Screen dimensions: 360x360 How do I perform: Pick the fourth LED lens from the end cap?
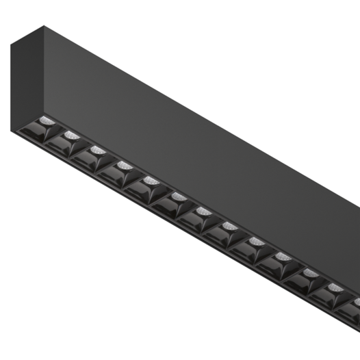[x=124, y=165]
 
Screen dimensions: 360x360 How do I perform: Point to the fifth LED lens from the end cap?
[x=151, y=181]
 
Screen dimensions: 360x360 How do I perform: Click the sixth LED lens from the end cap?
[x=177, y=197]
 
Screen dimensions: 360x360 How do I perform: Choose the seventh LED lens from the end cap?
[x=203, y=211]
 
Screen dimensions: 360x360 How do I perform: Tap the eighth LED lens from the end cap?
[x=230, y=227]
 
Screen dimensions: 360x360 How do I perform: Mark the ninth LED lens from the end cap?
[x=256, y=242]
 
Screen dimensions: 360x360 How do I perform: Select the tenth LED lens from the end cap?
[x=283, y=257]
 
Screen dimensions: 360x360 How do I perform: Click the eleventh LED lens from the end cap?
[x=309, y=273]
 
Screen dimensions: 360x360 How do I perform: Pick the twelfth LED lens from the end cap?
[x=335, y=288]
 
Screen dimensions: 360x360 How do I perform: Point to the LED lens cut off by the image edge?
[x=357, y=302]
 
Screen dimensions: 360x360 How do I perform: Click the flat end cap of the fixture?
[x=27, y=82]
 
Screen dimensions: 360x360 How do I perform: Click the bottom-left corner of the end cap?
[x=12, y=133]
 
